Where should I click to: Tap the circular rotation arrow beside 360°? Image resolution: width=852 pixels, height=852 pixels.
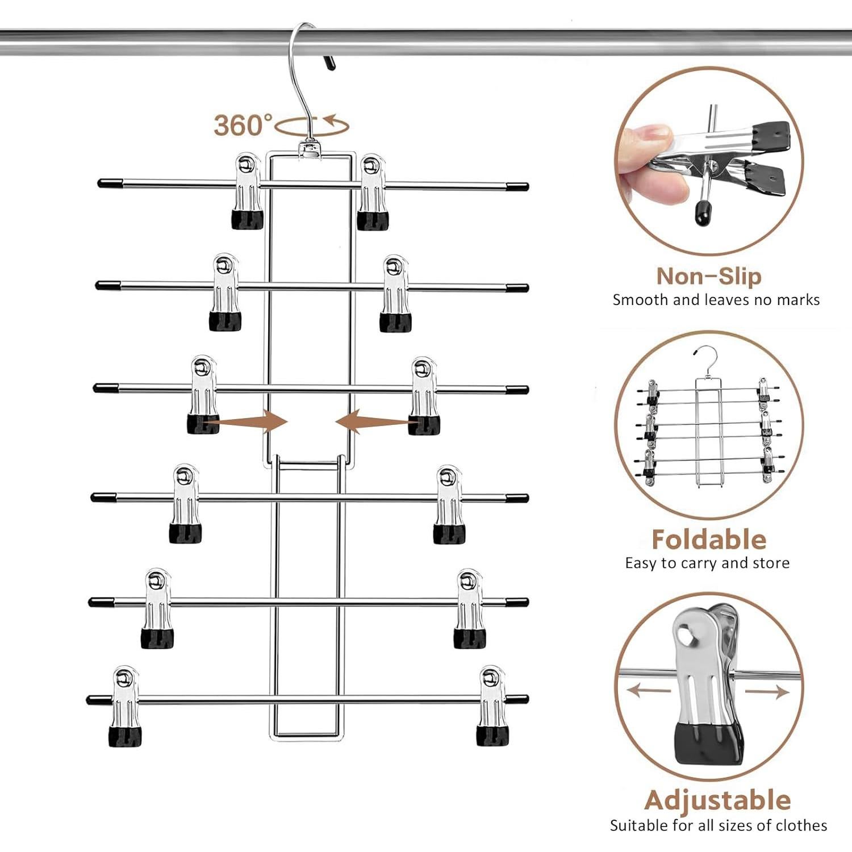tap(312, 126)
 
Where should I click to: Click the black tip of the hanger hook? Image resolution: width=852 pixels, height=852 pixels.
tap(329, 62)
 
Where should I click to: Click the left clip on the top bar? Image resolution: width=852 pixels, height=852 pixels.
tap(248, 191)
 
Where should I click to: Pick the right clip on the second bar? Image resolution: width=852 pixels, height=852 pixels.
tap(395, 294)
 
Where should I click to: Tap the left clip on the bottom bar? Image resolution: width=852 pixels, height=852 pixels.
tap(125, 707)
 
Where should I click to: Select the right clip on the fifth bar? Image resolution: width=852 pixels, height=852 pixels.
tap(470, 609)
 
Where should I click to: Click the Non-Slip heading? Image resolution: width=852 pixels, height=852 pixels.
tap(708, 277)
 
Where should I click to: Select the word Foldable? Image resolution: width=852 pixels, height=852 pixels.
tap(708, 540)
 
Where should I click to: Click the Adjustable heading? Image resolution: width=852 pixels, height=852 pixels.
tap(717, 800)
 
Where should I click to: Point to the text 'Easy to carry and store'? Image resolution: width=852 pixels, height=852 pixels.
tap(707, 563)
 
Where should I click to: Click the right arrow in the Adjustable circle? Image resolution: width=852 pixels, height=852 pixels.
tap(767, 691)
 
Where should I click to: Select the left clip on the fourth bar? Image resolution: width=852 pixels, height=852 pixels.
tap(185, 504)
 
